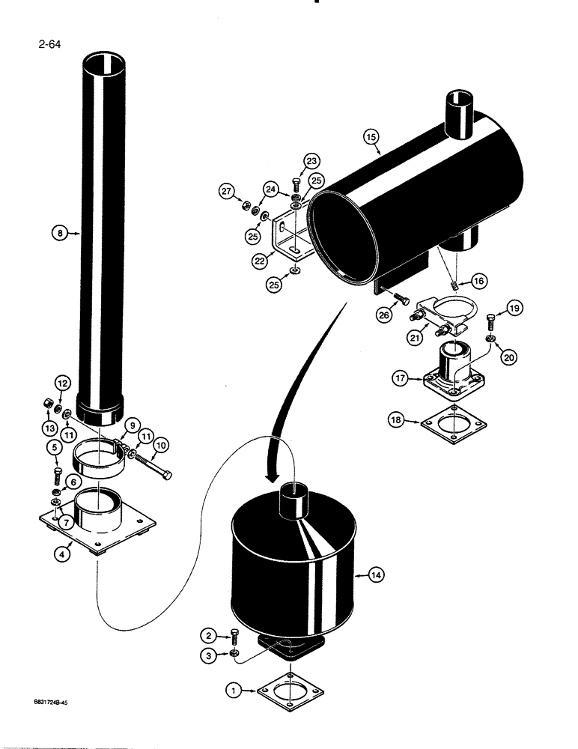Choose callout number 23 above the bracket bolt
311,160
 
